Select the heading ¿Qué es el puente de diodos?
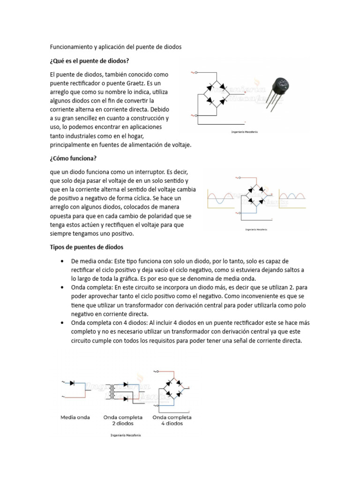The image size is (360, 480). pyautogui.click(x=89, y=61)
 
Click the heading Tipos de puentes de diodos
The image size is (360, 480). pyautogui.click(x=87, y=247)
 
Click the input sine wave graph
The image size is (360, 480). pyautogui.click(x=220, y=196)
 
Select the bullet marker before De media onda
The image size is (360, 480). pyautogui.click(x=62, y=261)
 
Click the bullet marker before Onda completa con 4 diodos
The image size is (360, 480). pyautogui.click(x=62, y=323)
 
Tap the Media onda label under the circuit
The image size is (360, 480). pyautogui.click(x=75, y=417)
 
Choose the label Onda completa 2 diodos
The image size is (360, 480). pyautogui.click(x=123, y=420)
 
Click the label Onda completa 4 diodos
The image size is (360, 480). pyautogui.click(x=172, y=420)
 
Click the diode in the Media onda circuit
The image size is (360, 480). pyautogui.click(x=72, y=383)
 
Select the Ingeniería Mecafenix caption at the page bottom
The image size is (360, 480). pyautogui.click(x=126, y=435)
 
